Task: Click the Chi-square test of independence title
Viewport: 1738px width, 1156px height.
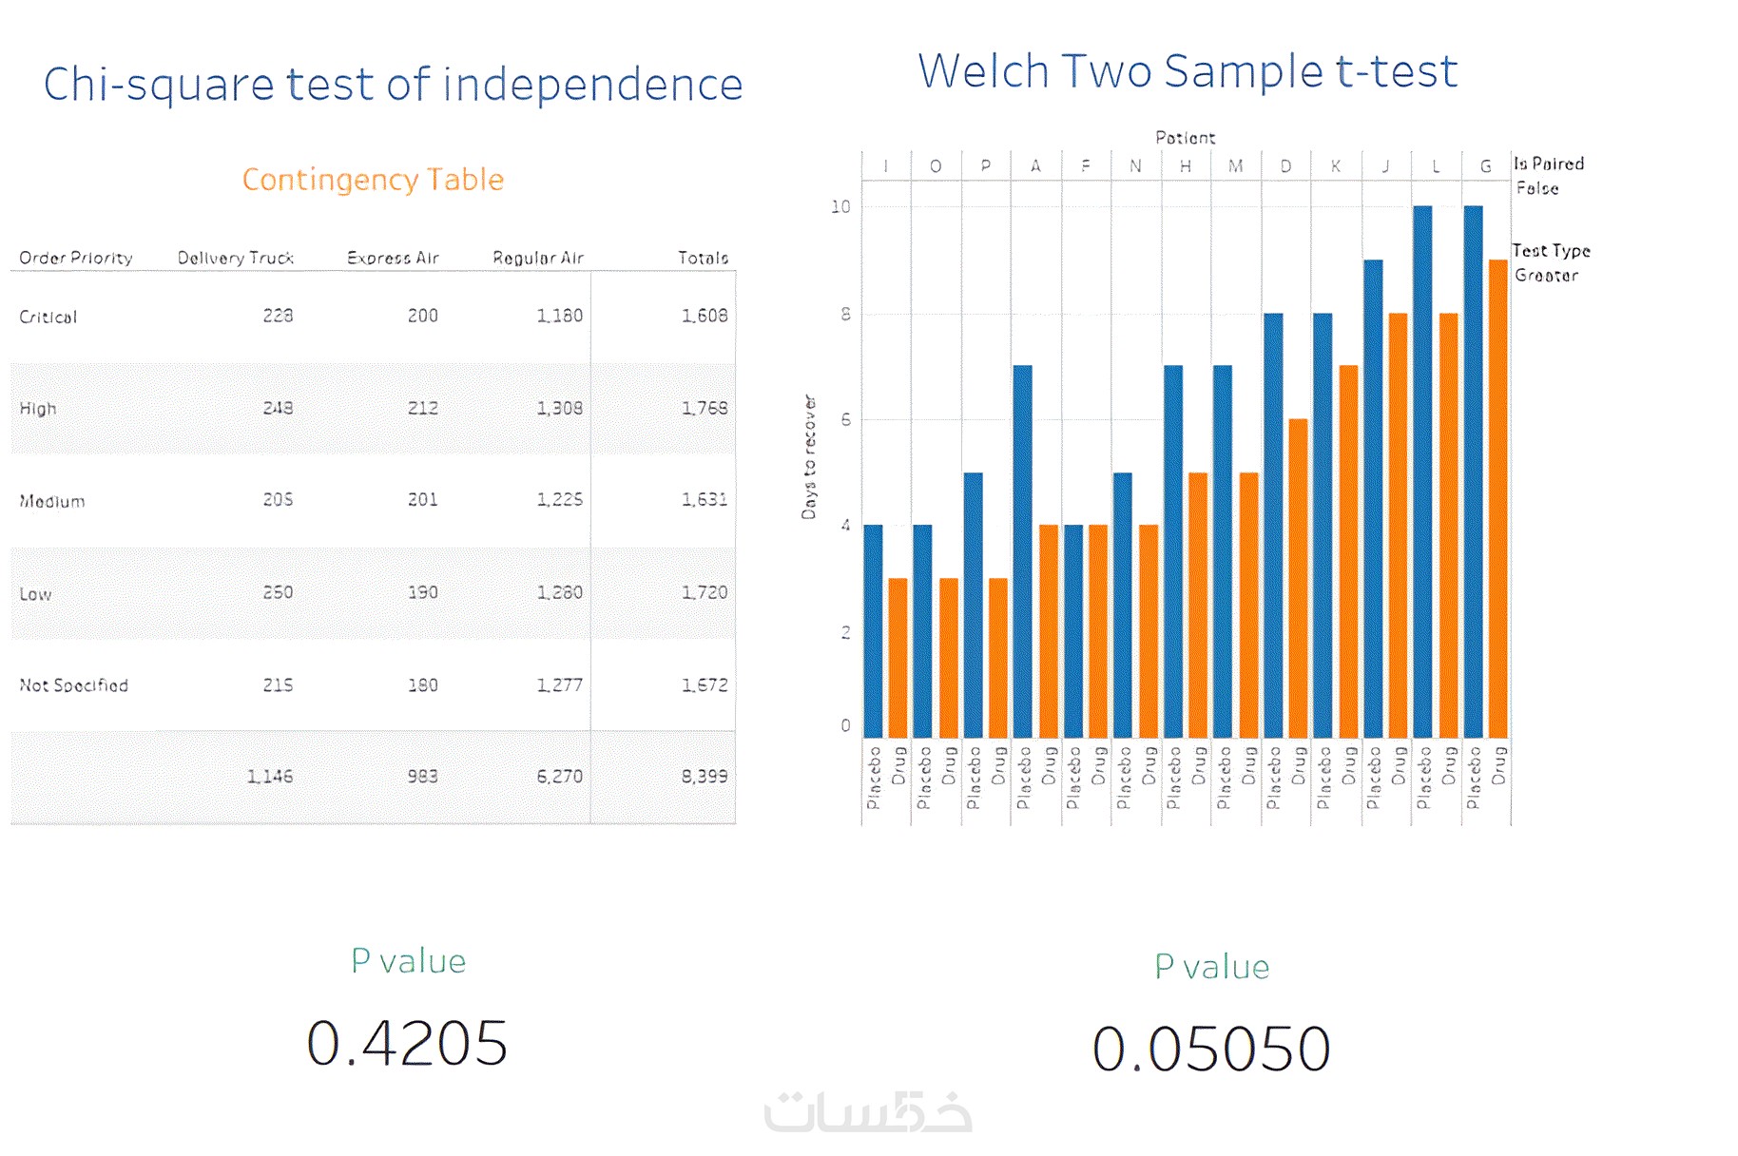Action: (x=393, y=85)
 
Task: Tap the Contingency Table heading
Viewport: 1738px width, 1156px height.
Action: (x=373, y=180)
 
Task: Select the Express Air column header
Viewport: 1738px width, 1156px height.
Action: (x=393, y=258)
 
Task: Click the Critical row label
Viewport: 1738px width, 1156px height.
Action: (x=48, y=317)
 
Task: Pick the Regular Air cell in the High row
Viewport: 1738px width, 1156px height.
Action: (x=559, y=408)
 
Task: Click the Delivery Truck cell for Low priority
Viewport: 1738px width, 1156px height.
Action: (x=278, y=592)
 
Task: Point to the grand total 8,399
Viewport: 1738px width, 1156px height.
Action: (x=704, y=777)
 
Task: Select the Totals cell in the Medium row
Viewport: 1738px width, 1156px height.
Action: (x=704, y=500)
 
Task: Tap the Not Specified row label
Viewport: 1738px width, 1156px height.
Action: (x=74, y=685)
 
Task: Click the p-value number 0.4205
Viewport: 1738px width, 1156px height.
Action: (x=407, y=1043)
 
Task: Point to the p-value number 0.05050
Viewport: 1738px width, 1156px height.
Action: (x=1211, y=1049)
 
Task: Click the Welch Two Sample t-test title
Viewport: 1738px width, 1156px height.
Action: (x=1188, y=71)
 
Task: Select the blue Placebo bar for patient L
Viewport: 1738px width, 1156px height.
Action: (x=1422, y=475)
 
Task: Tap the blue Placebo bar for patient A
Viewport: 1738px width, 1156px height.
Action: (x=1023, y=551)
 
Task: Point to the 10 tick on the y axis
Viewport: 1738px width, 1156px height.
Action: (x=840, y=207)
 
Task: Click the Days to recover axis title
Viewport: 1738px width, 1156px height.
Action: (x=809, y=457)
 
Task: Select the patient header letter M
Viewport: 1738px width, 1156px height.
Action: (x=1236, y=166)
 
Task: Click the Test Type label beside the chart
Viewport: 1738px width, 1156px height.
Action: (x=1551, y=251)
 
